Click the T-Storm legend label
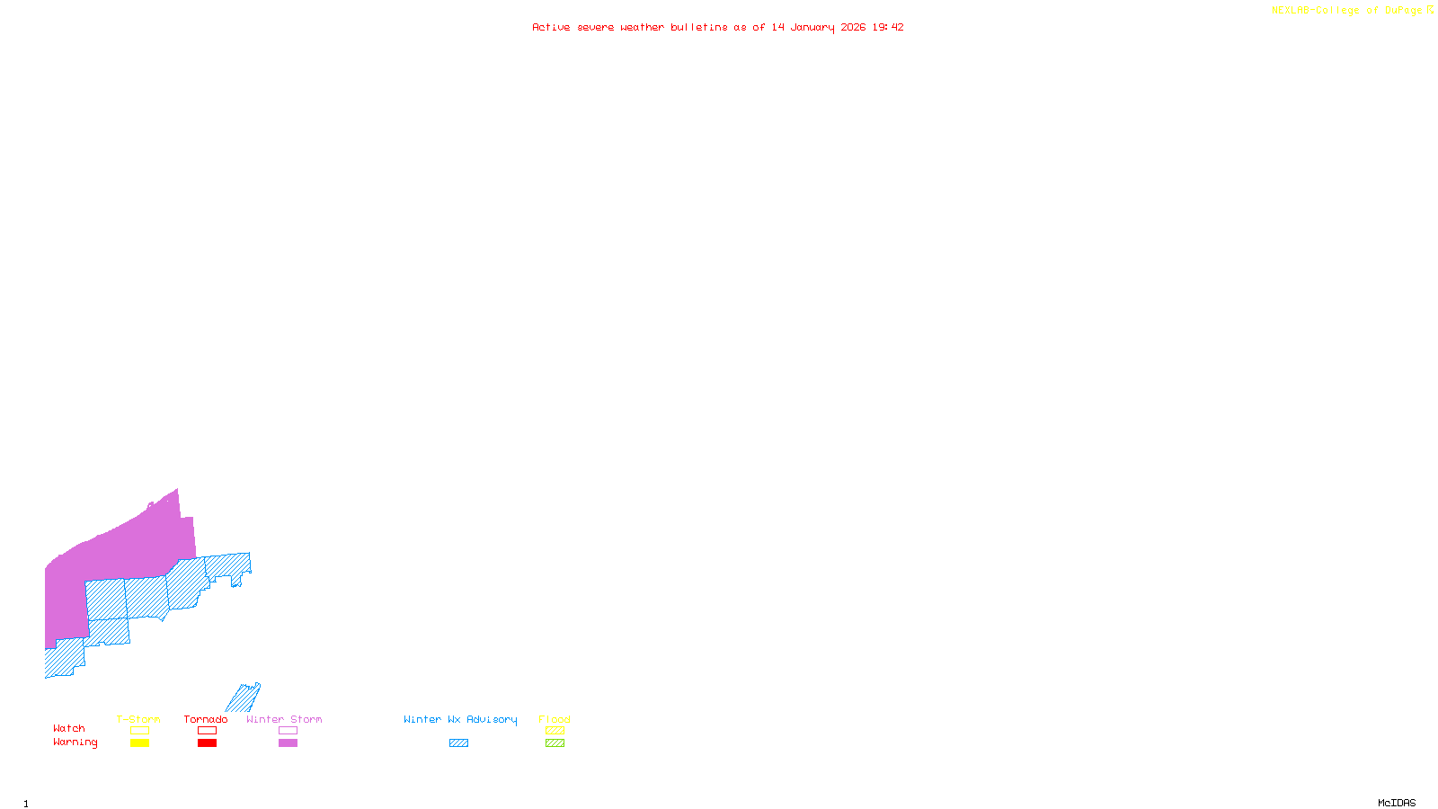pos(138,719)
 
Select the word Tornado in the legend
pos(206,719)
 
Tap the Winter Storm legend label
pos(284,719)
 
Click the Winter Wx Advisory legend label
pos(460,719)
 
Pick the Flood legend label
pos(555,719)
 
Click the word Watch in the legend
pos(69,728)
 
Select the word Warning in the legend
pos(75,742)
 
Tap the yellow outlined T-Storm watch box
pos(139,731)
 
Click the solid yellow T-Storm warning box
pos(139,743)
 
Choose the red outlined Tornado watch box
pos(207,731)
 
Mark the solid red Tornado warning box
pos(207,743)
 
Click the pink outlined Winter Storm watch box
pos(288,731)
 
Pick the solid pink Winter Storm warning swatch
pos(288,743)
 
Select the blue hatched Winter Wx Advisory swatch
pos(458,743)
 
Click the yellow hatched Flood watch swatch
pos(555,731)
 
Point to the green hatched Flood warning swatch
pos(555,743)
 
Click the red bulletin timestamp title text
pos(718,27)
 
